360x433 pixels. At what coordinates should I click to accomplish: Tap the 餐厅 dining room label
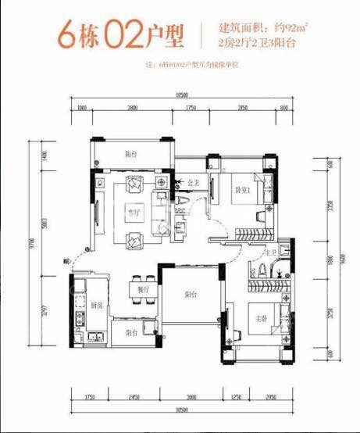143,288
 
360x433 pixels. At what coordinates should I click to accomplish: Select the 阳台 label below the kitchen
129,333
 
